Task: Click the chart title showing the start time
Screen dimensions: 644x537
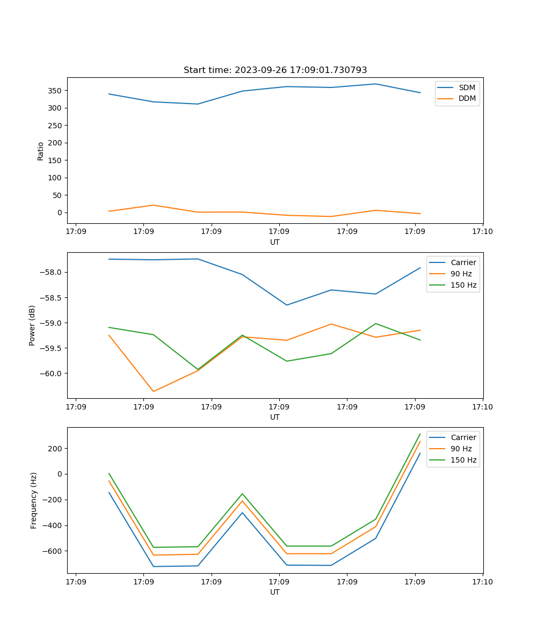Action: point(275,70)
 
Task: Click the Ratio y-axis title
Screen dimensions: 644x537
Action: point(41,151)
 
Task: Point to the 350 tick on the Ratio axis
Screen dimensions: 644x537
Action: point(55,91)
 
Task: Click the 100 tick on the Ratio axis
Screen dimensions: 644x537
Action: point(55,178)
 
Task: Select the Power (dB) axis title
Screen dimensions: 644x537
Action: point(33,325)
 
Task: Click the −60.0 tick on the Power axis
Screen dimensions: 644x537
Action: point(50,374)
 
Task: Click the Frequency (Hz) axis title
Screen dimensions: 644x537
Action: point(34,500)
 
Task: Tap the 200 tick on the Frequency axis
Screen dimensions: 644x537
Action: point(55,449)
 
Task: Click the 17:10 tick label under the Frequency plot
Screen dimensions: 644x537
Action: point(482,581)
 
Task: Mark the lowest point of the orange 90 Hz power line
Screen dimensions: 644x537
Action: point(154,391)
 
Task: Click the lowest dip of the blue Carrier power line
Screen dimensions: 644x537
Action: point(287,305)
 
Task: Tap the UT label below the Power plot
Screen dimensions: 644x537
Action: point(275,417)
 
